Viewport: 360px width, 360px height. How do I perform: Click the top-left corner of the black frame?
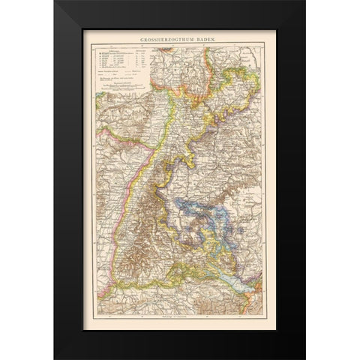click(x=73, y=2)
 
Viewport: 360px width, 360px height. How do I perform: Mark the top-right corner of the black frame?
click(x=286, y=2)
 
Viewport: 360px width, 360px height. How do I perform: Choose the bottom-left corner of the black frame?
click(x=73, y=358)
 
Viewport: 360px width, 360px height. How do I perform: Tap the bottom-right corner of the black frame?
click(x=286, y=358)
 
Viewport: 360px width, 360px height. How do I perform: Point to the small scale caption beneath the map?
click(x=180, y=317)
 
